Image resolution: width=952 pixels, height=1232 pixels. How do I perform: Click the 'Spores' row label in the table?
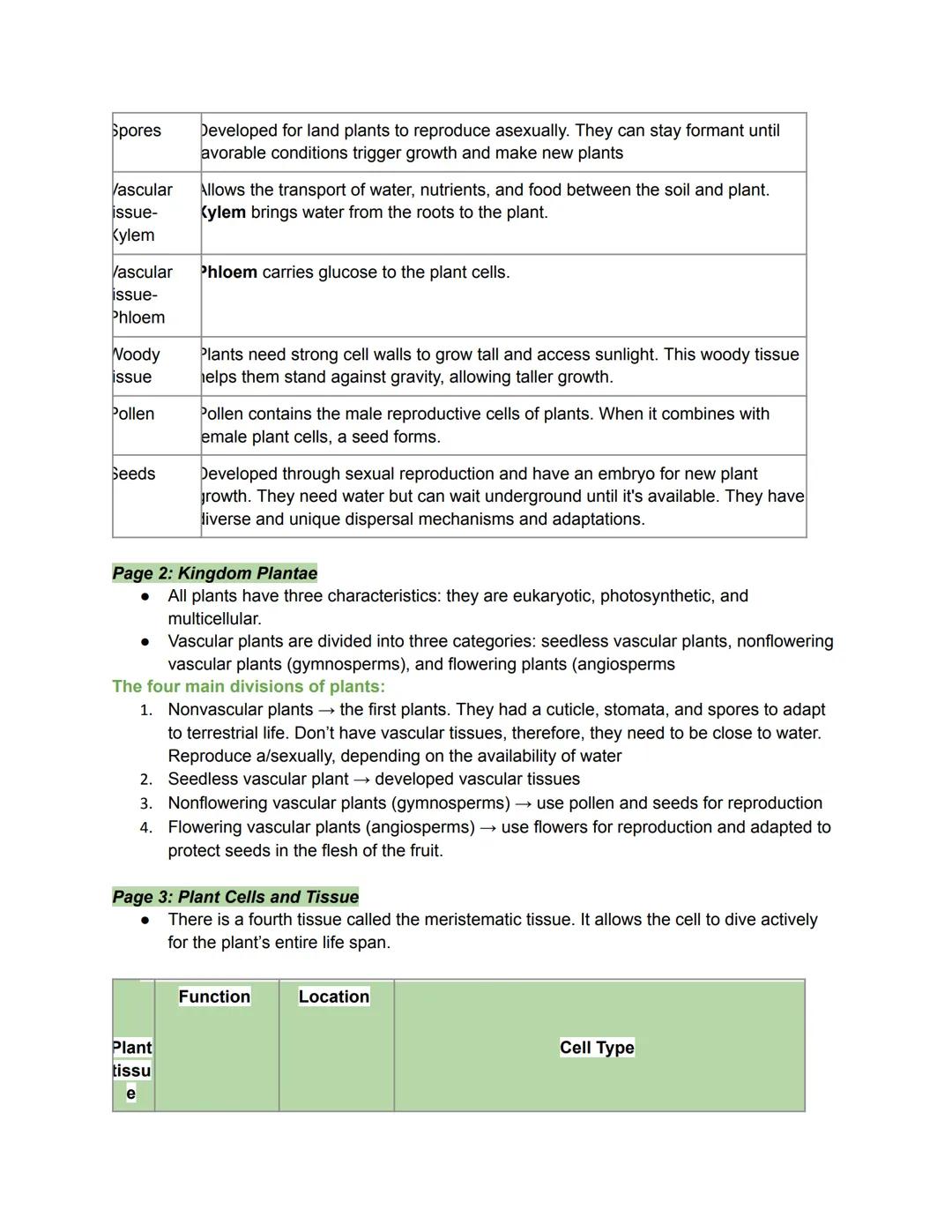tap(138, 131)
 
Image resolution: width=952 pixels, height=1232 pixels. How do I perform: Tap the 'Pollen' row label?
tap(134, 414)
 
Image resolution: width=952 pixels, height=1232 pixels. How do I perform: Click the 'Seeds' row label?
tap(135, 474)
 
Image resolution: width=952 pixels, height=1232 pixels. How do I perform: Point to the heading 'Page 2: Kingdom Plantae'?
tap(214, 573)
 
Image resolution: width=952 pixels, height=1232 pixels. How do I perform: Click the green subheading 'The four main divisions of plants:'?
tap(249, 686)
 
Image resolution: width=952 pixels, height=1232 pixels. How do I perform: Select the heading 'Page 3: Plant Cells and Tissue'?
tap(235, 897)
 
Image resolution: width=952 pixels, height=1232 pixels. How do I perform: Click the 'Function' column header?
tap(214, 997)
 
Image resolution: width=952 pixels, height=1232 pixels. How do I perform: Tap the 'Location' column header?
tap(333, 997)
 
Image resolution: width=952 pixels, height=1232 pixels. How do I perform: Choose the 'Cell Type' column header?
tap(597, 1048)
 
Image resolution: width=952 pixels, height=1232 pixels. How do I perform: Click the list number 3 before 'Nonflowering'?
tap(146, 803)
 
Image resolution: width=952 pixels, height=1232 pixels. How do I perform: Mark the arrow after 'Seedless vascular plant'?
tap(361, 780)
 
